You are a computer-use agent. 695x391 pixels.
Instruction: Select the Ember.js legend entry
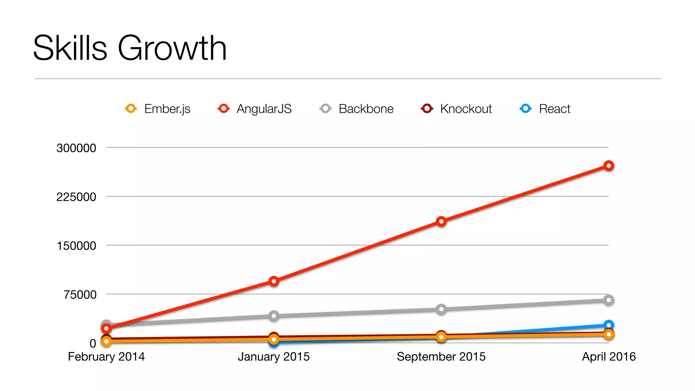point(158,109)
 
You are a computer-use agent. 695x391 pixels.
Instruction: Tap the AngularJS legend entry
point(255,109)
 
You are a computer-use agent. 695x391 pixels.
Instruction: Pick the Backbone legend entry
point(357,109)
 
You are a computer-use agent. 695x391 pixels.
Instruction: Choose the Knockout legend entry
point(456,109)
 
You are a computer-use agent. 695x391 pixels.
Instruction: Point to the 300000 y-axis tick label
point(76,148)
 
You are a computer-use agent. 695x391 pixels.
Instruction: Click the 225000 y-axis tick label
point(76,197)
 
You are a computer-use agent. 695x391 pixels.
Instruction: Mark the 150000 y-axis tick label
point(76,246)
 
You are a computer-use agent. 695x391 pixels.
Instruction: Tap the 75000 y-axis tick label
point(80,295)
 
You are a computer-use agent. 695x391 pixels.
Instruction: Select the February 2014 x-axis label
point(106,357)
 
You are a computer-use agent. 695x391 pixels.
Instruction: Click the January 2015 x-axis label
point(274,357)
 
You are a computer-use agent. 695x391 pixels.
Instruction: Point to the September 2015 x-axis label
point(441,357)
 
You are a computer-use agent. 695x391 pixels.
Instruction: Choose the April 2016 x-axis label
point(609,357)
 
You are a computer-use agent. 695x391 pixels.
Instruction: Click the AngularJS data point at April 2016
point(609,166)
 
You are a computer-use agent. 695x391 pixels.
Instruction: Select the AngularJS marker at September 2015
point(441,222)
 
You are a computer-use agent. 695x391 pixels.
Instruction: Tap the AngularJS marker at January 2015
point(274,281)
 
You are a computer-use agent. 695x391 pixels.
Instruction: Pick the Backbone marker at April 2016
point(609,300)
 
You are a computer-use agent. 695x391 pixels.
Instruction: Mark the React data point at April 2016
point(609,325)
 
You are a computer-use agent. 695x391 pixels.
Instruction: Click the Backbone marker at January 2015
point(274,316)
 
